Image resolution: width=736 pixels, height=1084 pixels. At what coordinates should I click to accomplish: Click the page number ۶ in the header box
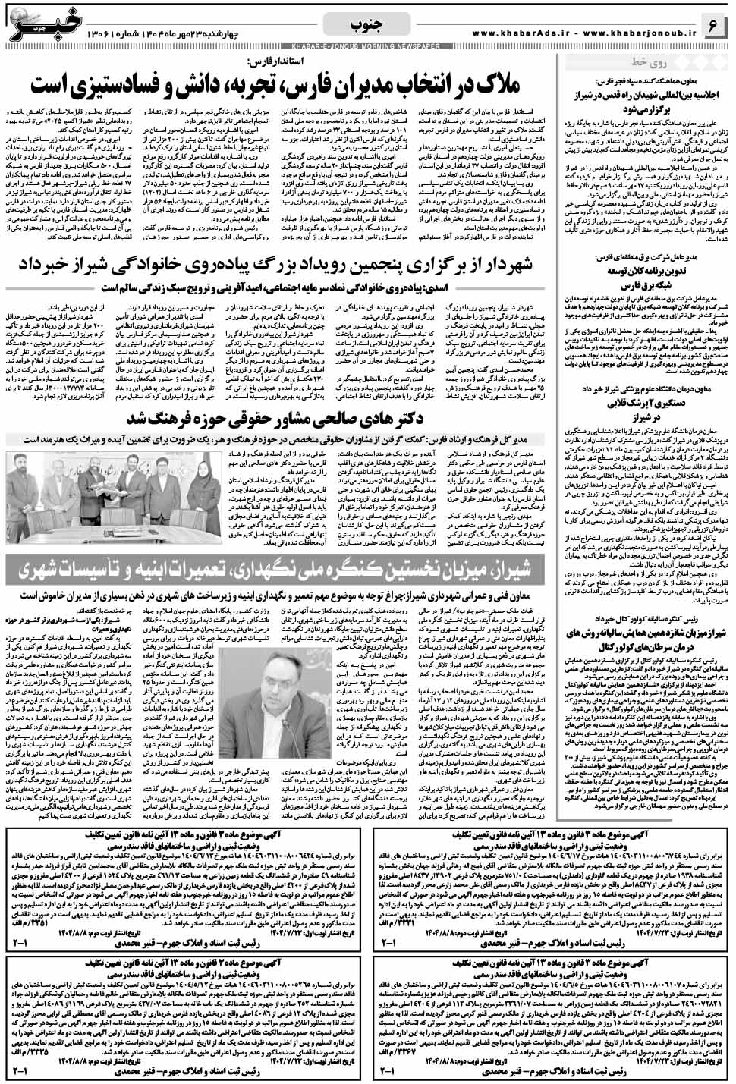[x=713, y=25]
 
